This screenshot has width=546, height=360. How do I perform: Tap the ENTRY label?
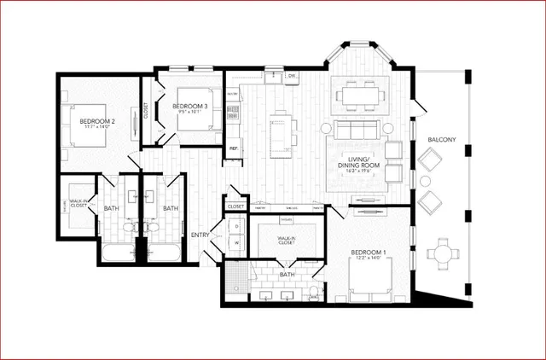pos(201,235)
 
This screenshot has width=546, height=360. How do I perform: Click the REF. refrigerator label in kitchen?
pos(233,149)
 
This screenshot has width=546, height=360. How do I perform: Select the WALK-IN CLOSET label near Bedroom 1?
pos(287,241)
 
